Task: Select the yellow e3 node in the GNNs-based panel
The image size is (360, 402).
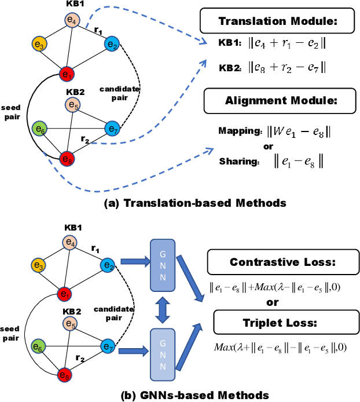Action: [x=39, y=266]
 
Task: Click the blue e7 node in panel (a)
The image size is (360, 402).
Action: [x=112, y=129]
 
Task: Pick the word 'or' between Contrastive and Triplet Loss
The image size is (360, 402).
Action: [x=271, y=302]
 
